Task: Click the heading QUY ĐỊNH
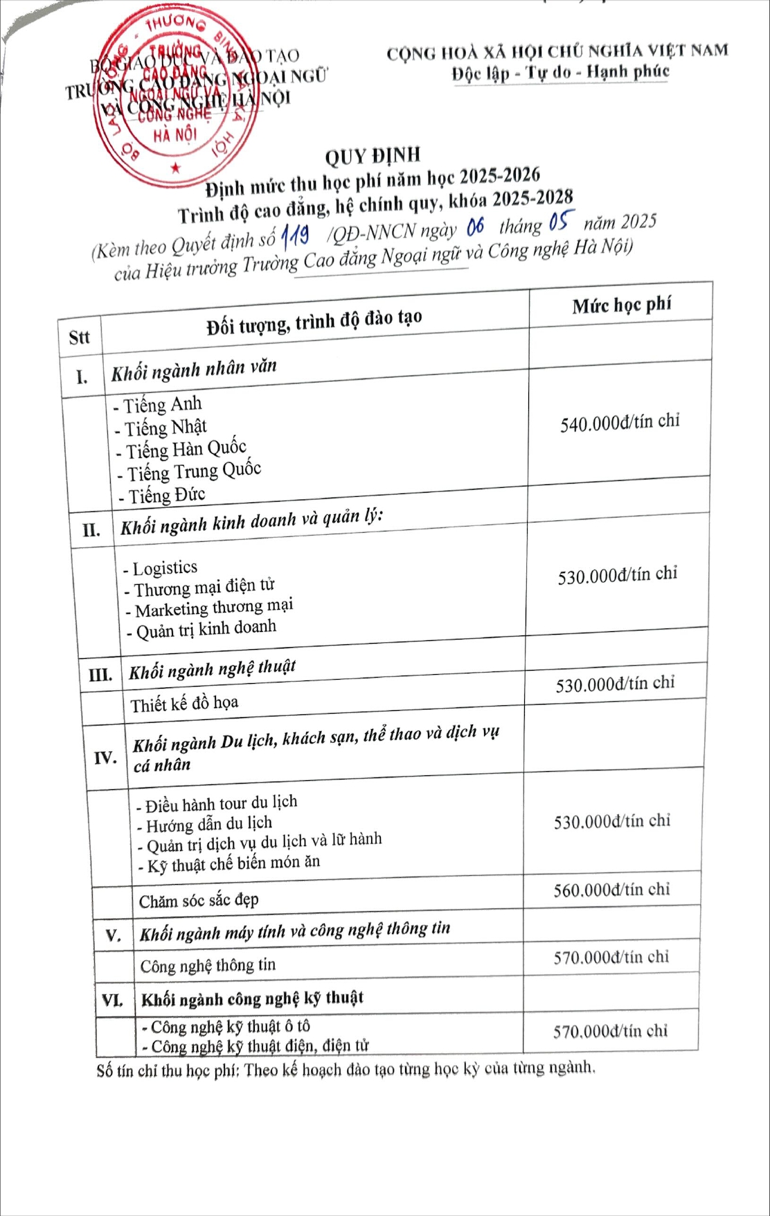(x=373, y=156)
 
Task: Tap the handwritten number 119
(x=295, y=238)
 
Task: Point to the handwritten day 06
(x=475, y=227)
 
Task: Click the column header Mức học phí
(x=621, y=305)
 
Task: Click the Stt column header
(x=79, y=337)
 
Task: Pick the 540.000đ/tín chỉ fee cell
(x=620, y=422)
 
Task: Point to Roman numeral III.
(x=100, y=674)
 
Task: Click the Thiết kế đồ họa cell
(x=184, y=704)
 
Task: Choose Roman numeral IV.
(x=105, y=757)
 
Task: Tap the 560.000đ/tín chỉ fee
(x=611, y=890)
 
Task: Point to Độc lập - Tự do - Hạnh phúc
(x=560, y=72)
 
